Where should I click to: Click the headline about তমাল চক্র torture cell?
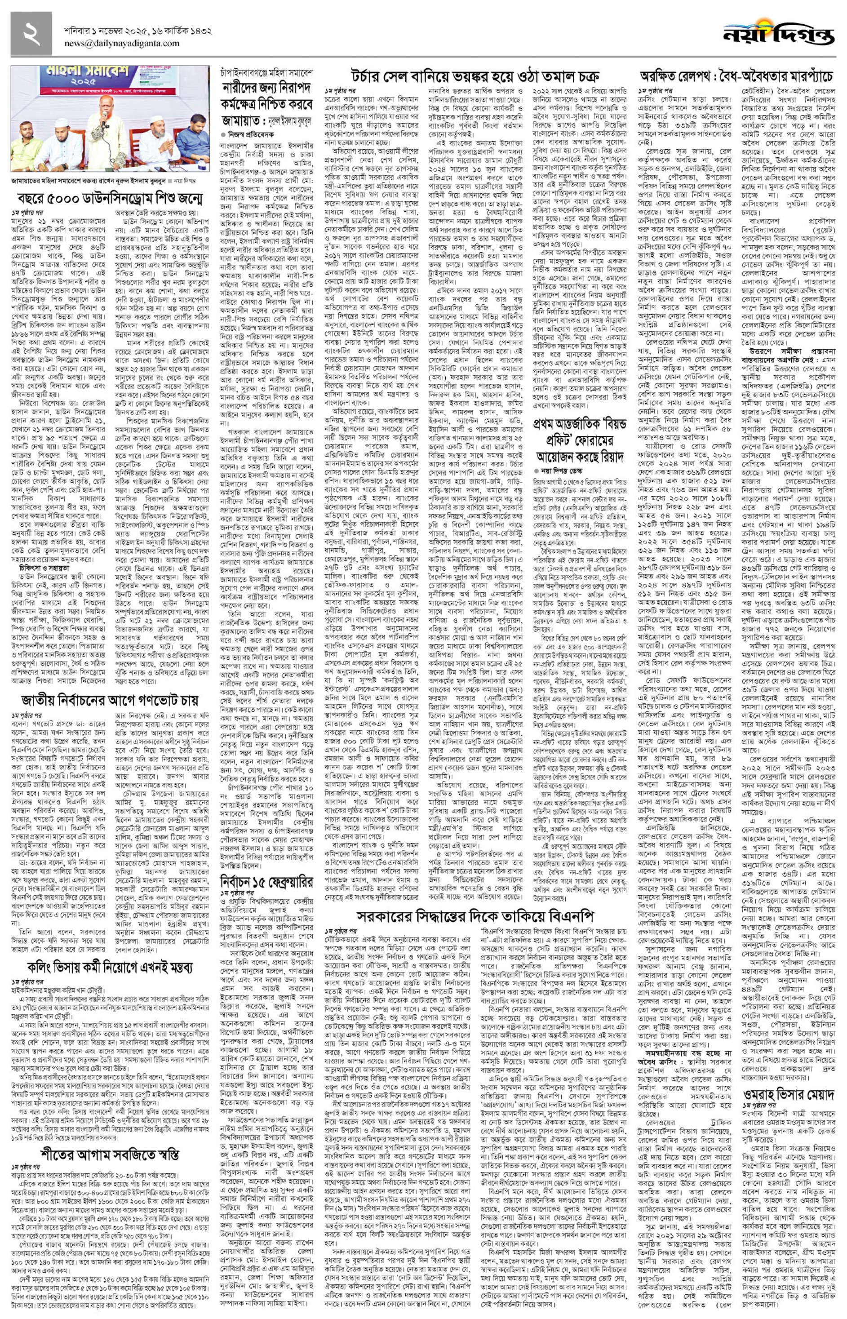pos(475,76)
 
